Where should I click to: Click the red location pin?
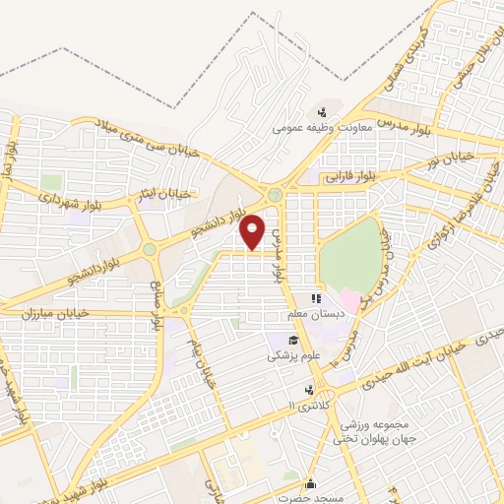point(253,231)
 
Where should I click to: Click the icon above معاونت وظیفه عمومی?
point(321,111)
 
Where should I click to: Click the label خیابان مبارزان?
point(57,313)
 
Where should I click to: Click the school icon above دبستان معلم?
point(316,298)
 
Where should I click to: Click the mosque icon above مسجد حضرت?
point(312,483)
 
